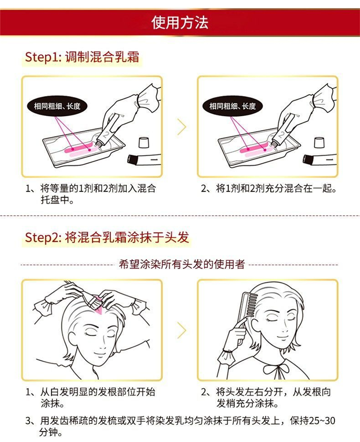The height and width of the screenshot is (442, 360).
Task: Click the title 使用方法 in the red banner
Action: pos(180,23)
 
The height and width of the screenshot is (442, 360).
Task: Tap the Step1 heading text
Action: pos(82,57)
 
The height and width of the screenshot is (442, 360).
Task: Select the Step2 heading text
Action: pos(107,237)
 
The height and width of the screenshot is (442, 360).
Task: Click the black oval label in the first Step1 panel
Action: pos(57,106)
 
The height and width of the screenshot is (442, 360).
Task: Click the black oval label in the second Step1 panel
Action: pos(232,106)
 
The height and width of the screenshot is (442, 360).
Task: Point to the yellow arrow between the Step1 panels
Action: pos(182,126)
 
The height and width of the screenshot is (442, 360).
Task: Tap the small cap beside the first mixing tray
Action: pos(144,142)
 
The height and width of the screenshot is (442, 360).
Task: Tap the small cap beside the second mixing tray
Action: pos(319,142)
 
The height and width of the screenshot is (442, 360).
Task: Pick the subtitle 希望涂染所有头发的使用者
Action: pos(182,264)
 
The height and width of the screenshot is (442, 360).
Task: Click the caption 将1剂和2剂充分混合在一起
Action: pos(269,188)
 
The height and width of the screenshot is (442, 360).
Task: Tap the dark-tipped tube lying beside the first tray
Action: pos(144,160)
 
